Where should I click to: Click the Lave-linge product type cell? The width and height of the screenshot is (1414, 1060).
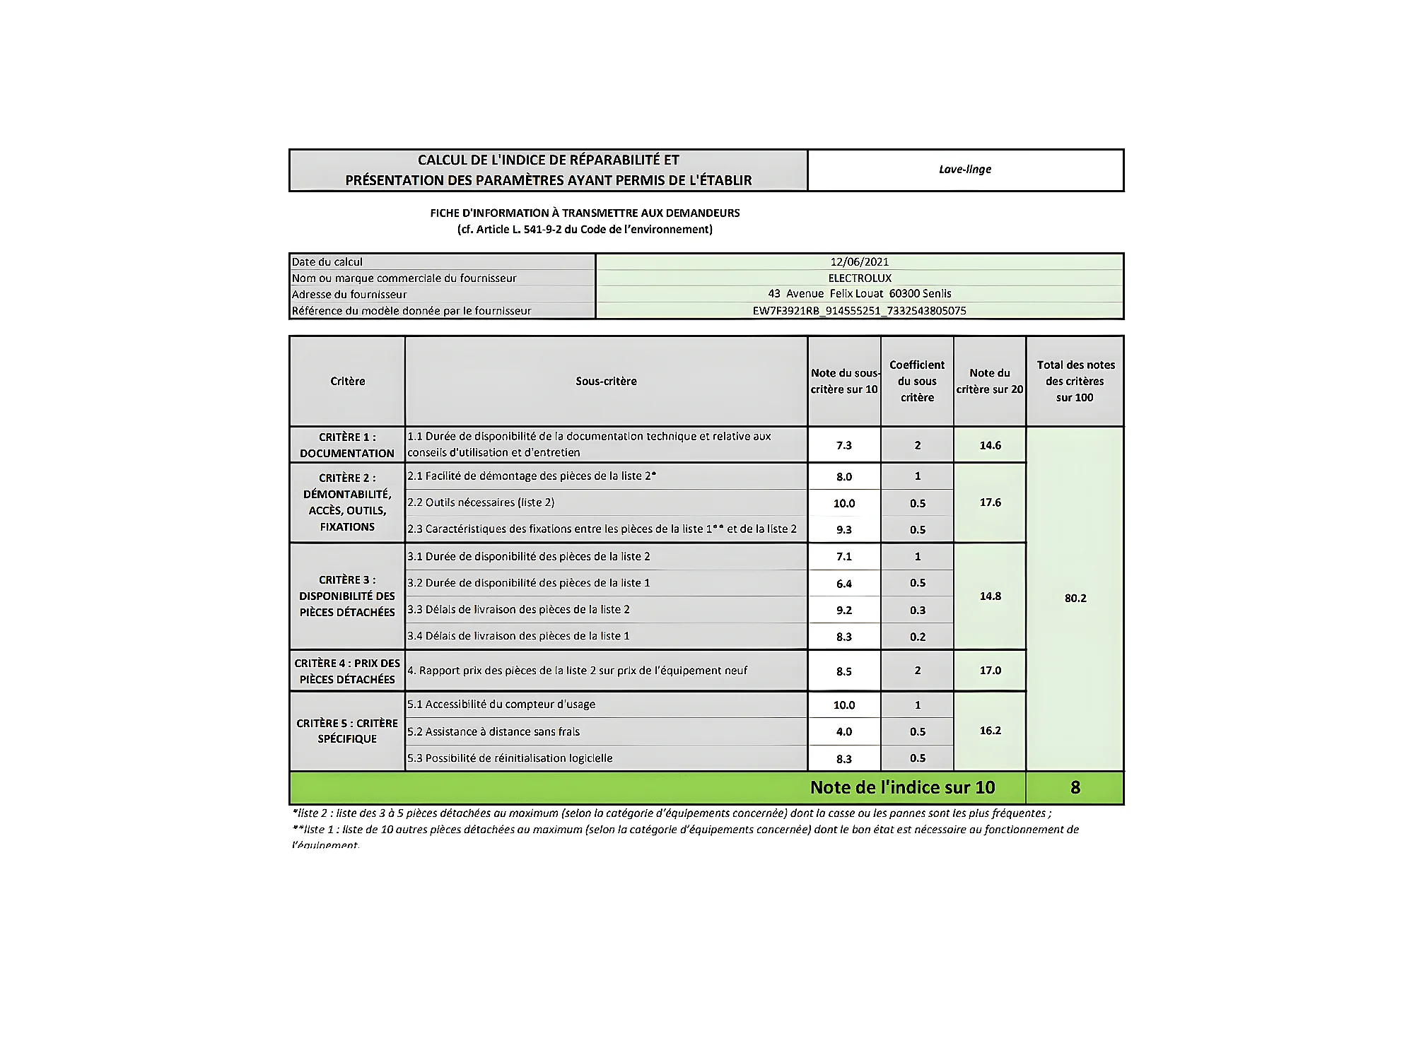tap(964, 170)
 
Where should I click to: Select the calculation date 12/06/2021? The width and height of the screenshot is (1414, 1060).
tap(859, 261)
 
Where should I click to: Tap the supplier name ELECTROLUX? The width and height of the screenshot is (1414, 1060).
tap(859, 278)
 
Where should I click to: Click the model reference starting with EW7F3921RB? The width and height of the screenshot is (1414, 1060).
tap(859, 310)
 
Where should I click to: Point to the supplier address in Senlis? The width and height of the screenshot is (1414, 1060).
tap(859, 294)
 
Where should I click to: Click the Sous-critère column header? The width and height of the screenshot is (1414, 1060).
tap(606, 381)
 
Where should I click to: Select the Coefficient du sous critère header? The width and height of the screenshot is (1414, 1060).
tap(917, 381)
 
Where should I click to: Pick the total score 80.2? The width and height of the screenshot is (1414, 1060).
tap(1075, 598)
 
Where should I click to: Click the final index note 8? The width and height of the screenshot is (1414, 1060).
tap(1075, 787)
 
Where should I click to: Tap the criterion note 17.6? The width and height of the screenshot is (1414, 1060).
tap(990, 502)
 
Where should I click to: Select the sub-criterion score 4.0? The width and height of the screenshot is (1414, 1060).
tap(844, 731)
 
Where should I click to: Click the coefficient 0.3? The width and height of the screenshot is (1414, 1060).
tap(917, 610)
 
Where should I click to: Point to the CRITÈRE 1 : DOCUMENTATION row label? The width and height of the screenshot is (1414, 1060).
tap(346, 445)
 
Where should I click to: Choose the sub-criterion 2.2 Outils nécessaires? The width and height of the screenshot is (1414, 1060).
tap(481, 502)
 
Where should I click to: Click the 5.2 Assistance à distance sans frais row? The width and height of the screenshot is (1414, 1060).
tap(493, 731)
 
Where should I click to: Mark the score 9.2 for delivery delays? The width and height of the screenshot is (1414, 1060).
tap(844, 610)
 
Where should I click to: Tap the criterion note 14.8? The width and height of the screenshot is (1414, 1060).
tap(990, 596)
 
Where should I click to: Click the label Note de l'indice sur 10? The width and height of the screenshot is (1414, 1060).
tap(902, 787)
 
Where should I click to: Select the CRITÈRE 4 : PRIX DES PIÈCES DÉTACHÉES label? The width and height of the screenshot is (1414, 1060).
tap(346, 671)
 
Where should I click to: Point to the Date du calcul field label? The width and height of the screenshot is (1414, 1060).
tap(327, 261)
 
